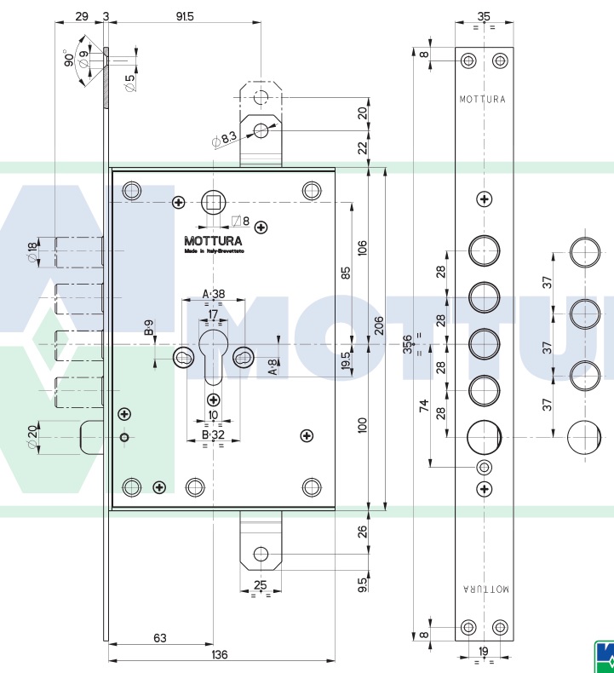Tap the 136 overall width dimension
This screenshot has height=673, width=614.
coord(219,654)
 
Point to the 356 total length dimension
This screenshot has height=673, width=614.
coord(408,343)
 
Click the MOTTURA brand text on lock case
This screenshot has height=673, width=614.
coord(213,241)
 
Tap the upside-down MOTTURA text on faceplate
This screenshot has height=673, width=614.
coord(484,589)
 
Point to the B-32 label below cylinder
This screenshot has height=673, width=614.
coord(212,434)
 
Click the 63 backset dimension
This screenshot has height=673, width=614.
coord(159,637)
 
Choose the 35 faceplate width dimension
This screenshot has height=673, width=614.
coord(484,15)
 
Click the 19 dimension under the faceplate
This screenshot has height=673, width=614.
coord(484,652)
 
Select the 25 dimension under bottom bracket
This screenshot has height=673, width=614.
coord(261,585)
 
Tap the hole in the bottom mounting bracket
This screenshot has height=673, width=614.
coord(261,555)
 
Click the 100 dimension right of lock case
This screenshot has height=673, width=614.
coord(362,425)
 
